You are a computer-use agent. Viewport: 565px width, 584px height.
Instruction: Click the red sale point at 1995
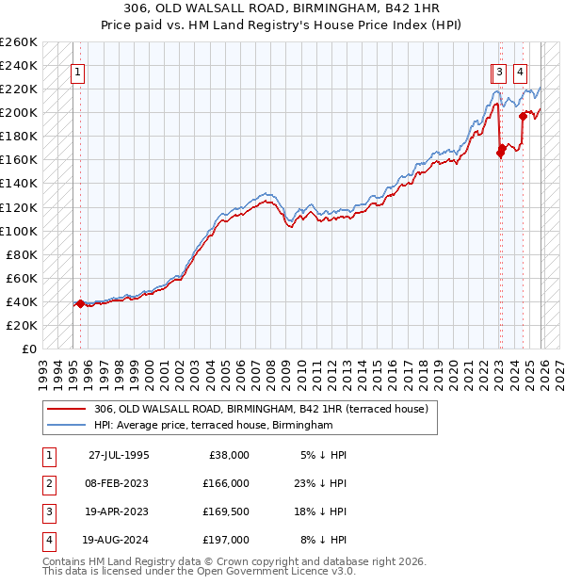point(80,303)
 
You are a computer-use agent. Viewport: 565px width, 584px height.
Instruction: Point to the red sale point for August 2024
point(523,116)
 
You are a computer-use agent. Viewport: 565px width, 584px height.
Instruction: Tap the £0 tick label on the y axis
point(27,349)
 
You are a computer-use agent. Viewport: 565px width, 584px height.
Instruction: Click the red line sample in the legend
point(67,409)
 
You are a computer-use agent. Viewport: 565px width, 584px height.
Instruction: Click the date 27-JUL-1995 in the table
point(120,455)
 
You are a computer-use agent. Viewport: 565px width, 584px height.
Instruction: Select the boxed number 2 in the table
point(47,483)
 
